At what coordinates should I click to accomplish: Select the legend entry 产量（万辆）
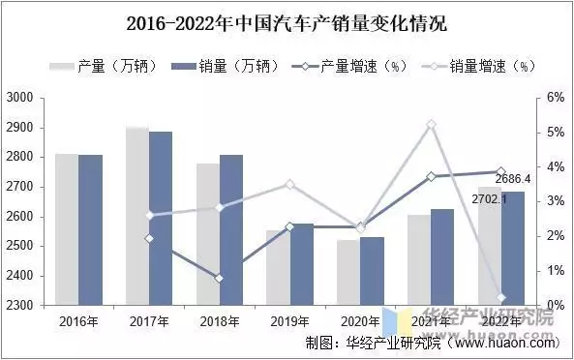98,66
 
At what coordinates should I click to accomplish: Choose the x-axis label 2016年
78,320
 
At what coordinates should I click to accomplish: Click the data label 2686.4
513,179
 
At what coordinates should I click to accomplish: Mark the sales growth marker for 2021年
432,125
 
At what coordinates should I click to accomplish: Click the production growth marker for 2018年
220,278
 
